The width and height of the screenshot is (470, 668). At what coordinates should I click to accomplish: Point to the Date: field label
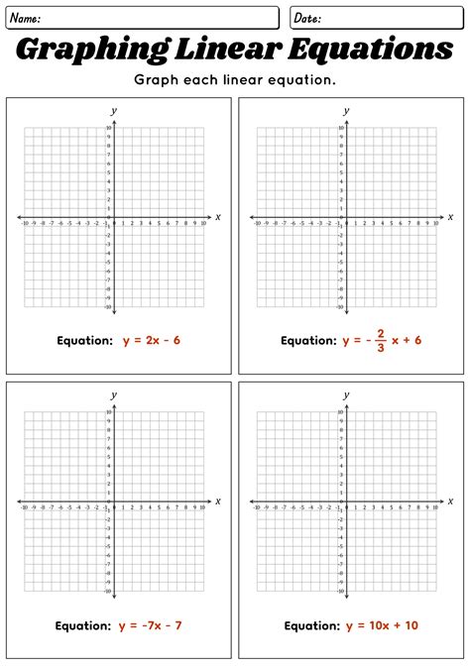[x=307, y=18]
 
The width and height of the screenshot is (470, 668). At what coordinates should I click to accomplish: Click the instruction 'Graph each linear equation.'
[x=235, y=79]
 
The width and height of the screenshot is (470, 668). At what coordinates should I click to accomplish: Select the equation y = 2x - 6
[x=152, y=340]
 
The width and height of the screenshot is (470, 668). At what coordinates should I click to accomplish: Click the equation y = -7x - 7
[x=151, y=625]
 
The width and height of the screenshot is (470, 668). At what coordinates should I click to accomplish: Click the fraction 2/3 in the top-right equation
[x=380, y=340]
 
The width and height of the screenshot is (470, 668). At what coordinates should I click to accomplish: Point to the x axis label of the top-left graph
[x=217, y=216]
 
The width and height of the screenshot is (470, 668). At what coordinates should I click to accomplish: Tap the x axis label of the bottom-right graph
[x=450, y=501]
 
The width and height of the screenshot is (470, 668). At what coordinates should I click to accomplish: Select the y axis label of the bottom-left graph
[x=114, y=394]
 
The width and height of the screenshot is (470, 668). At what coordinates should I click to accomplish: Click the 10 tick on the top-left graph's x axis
[x=203, y=224]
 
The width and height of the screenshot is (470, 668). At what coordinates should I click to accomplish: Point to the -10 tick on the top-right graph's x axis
[x=257, y=224]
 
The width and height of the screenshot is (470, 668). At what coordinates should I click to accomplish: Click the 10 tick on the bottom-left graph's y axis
[x=108, y=412]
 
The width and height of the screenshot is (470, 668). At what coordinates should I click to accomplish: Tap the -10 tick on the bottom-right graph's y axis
[x=340, y=592]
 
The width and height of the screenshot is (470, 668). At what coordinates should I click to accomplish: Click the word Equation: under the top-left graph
[x=84, y=340]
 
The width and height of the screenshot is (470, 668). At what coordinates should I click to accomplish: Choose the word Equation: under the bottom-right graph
[x=312, y=625]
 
